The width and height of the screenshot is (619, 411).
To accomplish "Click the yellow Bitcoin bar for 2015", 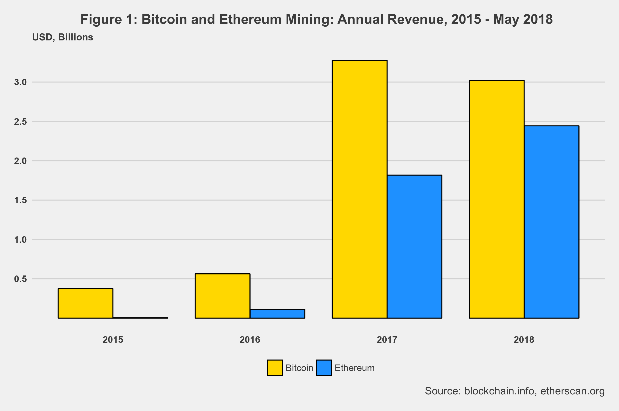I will (x=85, y=303).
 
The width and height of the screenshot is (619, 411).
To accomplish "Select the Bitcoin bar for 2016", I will (x=223, y=296).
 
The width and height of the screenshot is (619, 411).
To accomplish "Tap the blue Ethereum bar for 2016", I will (x=277, y=314).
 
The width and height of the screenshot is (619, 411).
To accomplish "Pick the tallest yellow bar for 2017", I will (x=359, y=189).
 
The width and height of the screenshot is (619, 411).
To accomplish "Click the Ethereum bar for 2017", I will (x=414, y=247).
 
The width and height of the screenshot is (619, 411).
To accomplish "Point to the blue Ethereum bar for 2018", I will (x=552, y=222).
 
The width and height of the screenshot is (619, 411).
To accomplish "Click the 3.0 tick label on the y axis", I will (x=20, y=82).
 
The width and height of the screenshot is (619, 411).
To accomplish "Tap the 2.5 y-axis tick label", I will (x=20, y=122).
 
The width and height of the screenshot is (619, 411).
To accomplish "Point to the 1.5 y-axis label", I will (x=20, y=200).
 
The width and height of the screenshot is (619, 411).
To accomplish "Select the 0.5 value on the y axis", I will (x=20, y=279).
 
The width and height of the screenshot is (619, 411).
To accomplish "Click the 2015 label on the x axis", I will (x=113, y=340).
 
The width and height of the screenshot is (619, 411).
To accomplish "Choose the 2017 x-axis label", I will (x=387, y=340).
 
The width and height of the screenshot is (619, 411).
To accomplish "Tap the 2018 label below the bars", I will (x=524, y=340).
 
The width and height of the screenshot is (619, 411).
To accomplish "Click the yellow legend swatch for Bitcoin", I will (x=275, y=368).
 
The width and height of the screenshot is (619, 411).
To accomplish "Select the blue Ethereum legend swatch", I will (x=324, y=368).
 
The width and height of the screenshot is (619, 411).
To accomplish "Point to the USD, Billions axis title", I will (x=63, y=37).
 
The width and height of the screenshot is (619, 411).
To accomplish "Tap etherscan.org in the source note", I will (x=572, y=391).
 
